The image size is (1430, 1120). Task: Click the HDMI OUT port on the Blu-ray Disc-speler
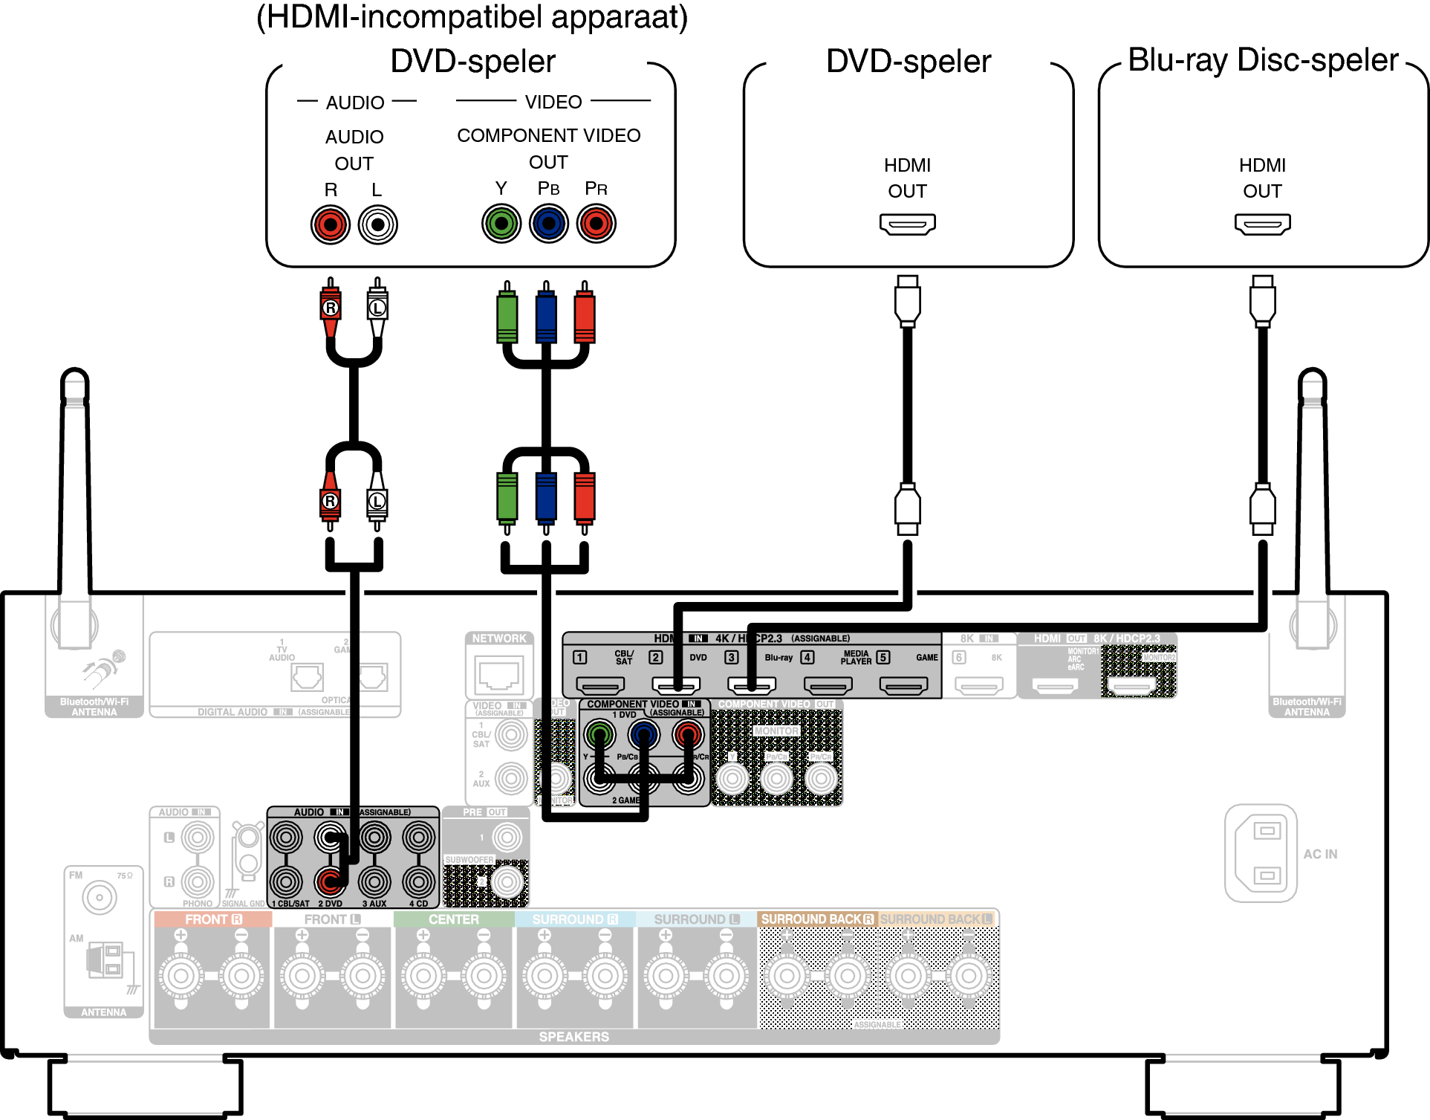(1262, 224)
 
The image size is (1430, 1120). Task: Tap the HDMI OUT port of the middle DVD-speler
(907, 224)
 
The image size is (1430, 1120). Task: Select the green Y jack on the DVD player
(501, 224)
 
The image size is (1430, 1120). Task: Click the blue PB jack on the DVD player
(549, 224)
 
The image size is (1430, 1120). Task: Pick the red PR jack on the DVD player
(597, 224)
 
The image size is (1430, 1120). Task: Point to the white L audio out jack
(377, 224)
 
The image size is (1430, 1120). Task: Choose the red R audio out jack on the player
(331, 224)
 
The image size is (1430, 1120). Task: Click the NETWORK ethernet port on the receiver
(499, 675)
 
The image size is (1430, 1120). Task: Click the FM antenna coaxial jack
(100, 898)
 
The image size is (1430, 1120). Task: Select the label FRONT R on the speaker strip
(213, 919)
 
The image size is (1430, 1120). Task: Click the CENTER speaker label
(453, 919)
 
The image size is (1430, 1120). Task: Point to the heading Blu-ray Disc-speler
(1262, 60)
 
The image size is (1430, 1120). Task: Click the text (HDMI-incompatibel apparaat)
(472, 17)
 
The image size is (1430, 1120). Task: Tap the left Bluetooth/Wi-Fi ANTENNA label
(94, 707)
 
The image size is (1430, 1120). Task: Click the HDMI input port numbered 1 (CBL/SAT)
(600, 685)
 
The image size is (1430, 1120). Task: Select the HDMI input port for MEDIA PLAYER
(828, 685)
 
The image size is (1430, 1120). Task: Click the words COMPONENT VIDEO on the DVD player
(548, 135)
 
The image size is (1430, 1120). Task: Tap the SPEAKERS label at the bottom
(573, 1037)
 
